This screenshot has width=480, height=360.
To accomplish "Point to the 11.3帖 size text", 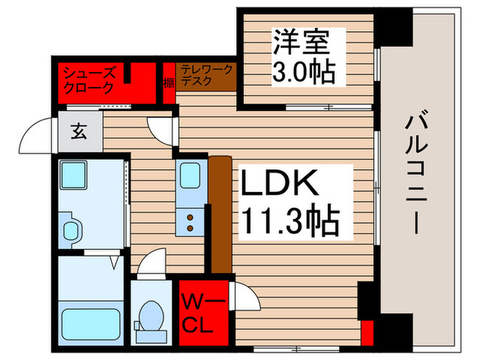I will click(289, 219).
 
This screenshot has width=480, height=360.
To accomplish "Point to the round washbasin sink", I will click(71, 229).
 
